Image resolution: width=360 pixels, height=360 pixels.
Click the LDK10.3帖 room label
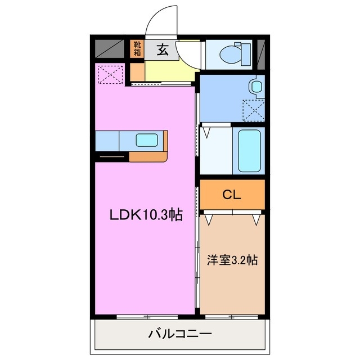pos(146,214)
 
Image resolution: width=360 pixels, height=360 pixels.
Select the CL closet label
pos(231,195)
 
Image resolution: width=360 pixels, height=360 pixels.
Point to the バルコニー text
pos(179,335)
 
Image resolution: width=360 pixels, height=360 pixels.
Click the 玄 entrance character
pos(162,50)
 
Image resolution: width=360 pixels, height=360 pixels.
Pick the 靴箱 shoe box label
pos(137,48)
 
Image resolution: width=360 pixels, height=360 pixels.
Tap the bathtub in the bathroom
pos(249,150)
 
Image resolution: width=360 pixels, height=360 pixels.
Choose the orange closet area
pos(231,195)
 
